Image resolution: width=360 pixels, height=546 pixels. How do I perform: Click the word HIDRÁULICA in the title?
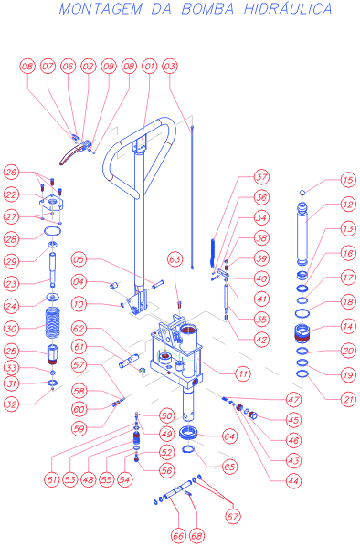coord(288,8)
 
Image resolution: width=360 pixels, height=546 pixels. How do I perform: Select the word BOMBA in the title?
coord(207,9)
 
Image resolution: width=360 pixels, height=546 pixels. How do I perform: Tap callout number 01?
coord(150,66)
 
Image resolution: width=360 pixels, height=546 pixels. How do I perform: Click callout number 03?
coord(170,66)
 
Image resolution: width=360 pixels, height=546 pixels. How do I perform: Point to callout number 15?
coord(348,180)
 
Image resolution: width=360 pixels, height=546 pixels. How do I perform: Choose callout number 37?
coord(261,177)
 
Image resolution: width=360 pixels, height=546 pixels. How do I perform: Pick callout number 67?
coord(233,517)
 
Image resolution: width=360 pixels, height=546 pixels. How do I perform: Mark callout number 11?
coord(243,374)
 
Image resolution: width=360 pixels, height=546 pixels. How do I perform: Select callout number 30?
coord(11,329)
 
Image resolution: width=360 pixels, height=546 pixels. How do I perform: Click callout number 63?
coord(175,259)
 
